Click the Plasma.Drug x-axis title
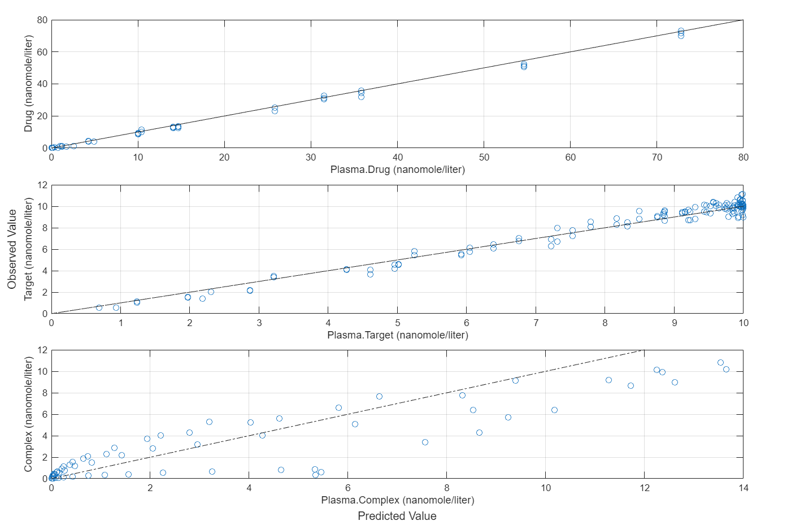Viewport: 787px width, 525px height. click(397, 170)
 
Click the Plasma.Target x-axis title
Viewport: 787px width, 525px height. click(397, 335)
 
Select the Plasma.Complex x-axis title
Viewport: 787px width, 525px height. click(397, 500)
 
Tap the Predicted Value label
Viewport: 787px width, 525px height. click(397, 516)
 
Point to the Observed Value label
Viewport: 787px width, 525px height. click(12, 249)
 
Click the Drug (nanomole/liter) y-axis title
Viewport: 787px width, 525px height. click(29, 84)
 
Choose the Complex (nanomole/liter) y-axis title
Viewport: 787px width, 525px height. click(29, 414)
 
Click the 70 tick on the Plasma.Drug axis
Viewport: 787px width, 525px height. click(657, 157)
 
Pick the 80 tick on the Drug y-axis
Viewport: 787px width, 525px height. click(42, 20)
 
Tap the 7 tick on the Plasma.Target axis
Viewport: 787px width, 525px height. click(536, 323)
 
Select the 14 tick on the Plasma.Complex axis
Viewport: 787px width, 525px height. click(743, 488)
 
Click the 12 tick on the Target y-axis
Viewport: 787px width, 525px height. click(42, 185)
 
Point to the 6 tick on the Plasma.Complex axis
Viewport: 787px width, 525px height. click(348, 488)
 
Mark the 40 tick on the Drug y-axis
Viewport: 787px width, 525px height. click(42, 84)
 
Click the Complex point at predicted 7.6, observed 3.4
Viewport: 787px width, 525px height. click(425, 442)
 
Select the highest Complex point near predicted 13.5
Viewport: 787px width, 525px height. click(720, 362)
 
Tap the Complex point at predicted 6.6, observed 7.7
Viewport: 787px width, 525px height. click(379, 396)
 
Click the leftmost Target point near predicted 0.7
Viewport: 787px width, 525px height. click(99, 307)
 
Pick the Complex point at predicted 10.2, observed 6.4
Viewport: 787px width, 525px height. click(554, 410)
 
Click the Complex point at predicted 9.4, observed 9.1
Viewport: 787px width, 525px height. click(515, 380)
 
